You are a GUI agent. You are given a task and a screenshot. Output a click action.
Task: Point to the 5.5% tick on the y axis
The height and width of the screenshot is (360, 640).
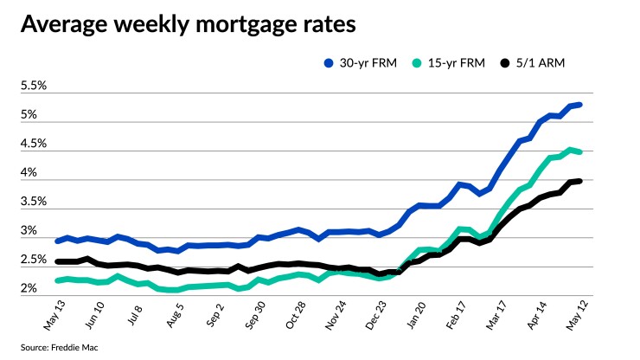34,87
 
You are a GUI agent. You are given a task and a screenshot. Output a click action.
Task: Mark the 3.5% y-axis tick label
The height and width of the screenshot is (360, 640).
34,202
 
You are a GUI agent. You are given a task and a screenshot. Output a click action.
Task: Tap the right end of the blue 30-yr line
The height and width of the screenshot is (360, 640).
580,105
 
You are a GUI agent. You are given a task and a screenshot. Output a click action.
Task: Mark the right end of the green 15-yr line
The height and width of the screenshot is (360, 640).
580,151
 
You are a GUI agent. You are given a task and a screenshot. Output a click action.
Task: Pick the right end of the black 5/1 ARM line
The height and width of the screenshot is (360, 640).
580,181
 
